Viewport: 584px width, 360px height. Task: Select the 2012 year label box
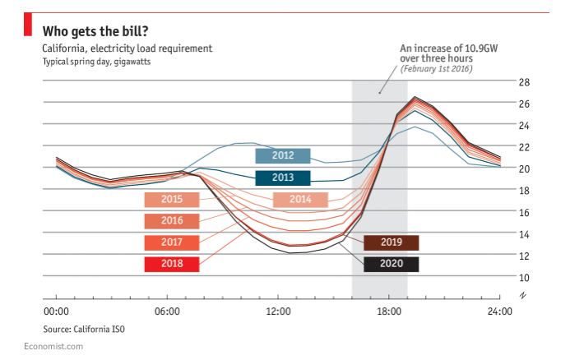point(282,155)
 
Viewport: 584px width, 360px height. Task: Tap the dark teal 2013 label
point(282,178)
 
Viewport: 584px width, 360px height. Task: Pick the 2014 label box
point(300,200)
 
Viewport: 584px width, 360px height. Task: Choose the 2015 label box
point(172,200)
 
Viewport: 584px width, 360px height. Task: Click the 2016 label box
point(172,221)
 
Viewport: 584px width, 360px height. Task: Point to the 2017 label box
point(172,242)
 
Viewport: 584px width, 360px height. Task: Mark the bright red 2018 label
point(172,265)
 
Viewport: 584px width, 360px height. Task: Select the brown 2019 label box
point(391,242)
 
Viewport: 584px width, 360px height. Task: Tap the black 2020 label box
point(391,265)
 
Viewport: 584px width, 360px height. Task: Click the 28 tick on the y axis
point(524,82)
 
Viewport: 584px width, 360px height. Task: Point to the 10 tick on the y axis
point(524,277)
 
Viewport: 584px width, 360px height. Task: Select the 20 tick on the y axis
point(524,168)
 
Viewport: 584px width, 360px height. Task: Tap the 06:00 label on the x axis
point(167,312)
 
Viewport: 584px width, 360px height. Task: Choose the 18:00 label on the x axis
point(389,312)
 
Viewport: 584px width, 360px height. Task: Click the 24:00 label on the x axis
point(500,312)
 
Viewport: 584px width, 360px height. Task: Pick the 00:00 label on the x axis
point(56,312)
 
